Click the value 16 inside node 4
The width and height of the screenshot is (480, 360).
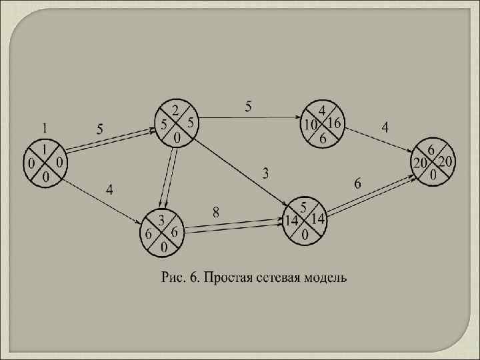coord(334,123)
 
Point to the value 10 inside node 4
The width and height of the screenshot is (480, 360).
coord(310,125)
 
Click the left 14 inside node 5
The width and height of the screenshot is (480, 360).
coord(291,219)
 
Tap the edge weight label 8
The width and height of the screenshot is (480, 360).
coord(216,212)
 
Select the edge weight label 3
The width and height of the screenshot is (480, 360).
coord(265,173)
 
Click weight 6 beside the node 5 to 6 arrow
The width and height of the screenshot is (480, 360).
coord(358,183)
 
